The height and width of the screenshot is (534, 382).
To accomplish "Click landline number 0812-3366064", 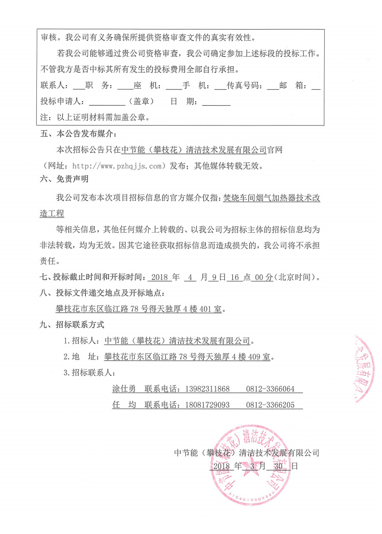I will [x=271, y=389].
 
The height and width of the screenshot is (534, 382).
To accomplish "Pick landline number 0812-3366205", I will [x=271, y=405].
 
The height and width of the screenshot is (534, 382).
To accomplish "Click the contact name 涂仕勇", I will [x=124, y=389].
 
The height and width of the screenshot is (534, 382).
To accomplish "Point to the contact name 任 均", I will [x=124, y=405].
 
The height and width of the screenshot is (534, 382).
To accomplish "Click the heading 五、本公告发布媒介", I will [x=78, y=134].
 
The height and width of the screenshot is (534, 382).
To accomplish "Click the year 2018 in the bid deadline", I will [x=160, y=278].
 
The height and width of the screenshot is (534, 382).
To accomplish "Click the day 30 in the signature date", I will [x=278, y=466].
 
